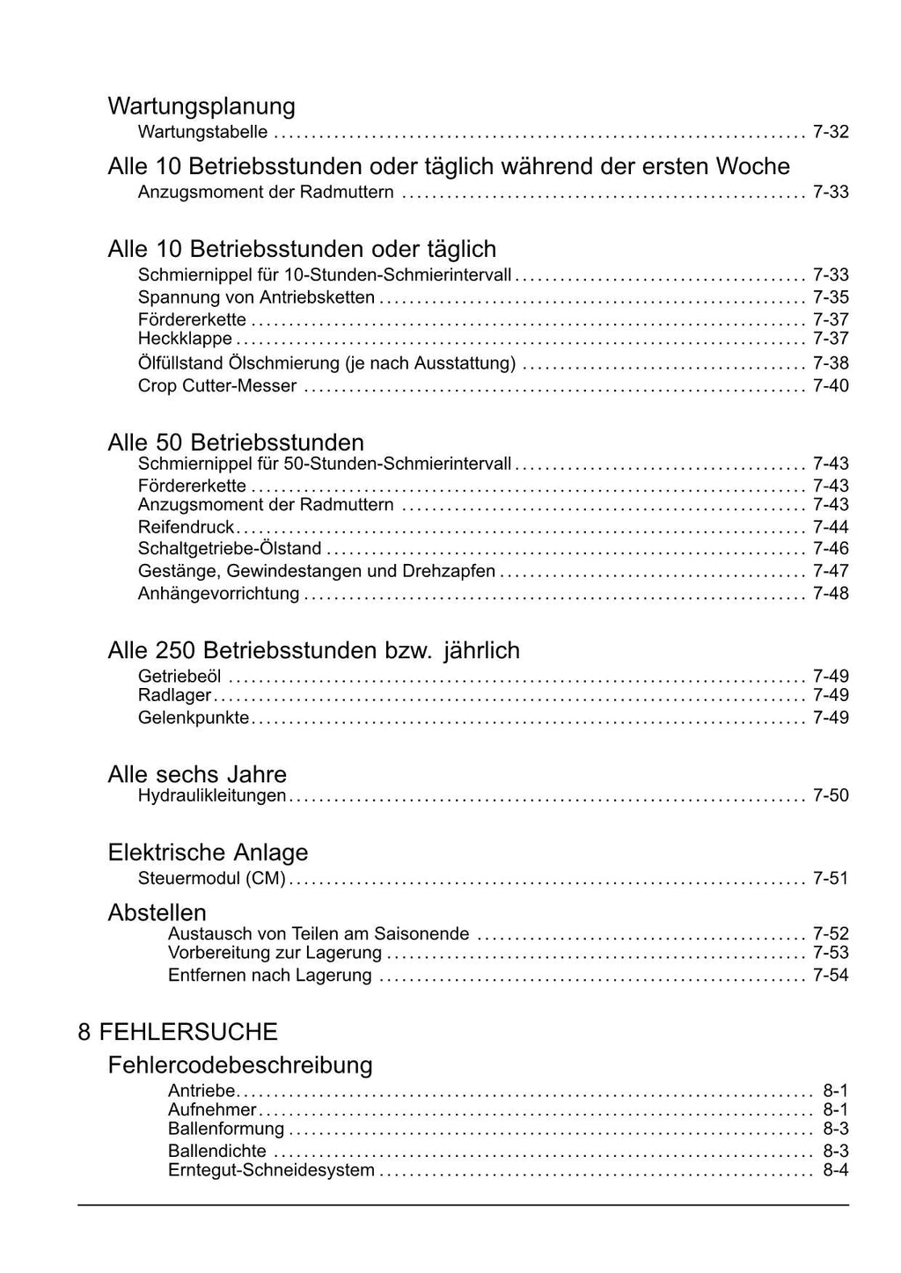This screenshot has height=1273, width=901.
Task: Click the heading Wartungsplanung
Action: [x=201, y=106]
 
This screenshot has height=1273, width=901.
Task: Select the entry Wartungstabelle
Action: [x=203, y=133]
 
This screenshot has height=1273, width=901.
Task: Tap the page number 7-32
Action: [x=831, y=133]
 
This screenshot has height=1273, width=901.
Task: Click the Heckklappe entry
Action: [x=186, y=340]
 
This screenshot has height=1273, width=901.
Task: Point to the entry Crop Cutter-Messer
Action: [x=217, y=386]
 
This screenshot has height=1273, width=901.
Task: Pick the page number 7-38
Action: [x=831, y=363]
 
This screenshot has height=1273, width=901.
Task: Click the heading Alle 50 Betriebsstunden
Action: [x=236, y=442]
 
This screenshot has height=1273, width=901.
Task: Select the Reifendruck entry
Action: [x=187, y=528]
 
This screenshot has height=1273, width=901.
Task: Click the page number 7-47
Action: [x=831, y=572]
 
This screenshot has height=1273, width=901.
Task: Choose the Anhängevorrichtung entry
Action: [x=219, y=594]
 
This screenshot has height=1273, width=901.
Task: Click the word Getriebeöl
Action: [x=180, y=677]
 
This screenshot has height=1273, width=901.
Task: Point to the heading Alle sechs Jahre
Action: [x=197, y=774]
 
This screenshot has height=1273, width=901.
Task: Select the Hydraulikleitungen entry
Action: [x=212, y=796]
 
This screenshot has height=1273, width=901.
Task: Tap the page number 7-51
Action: [x=831, y=878]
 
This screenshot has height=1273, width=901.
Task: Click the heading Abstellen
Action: [x=157, y=912]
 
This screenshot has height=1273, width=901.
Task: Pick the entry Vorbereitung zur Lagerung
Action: [x=275, y=953]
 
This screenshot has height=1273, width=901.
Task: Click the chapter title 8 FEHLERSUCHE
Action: [x=178, y=1032]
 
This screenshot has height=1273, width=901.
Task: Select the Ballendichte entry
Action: [x=217, y=1151]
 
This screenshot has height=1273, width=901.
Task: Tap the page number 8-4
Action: [x=836, y=1171]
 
